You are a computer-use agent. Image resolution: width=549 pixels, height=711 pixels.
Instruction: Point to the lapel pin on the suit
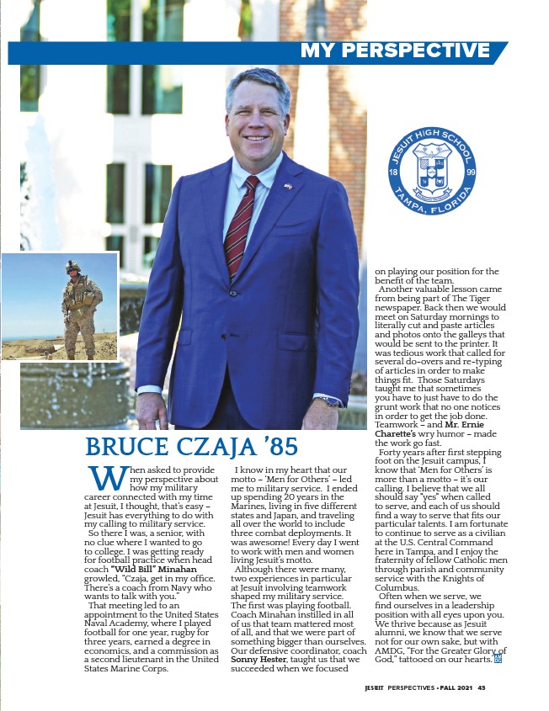coord(288,186)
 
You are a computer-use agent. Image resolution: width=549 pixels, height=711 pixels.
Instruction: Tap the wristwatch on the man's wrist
coord(330,401)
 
